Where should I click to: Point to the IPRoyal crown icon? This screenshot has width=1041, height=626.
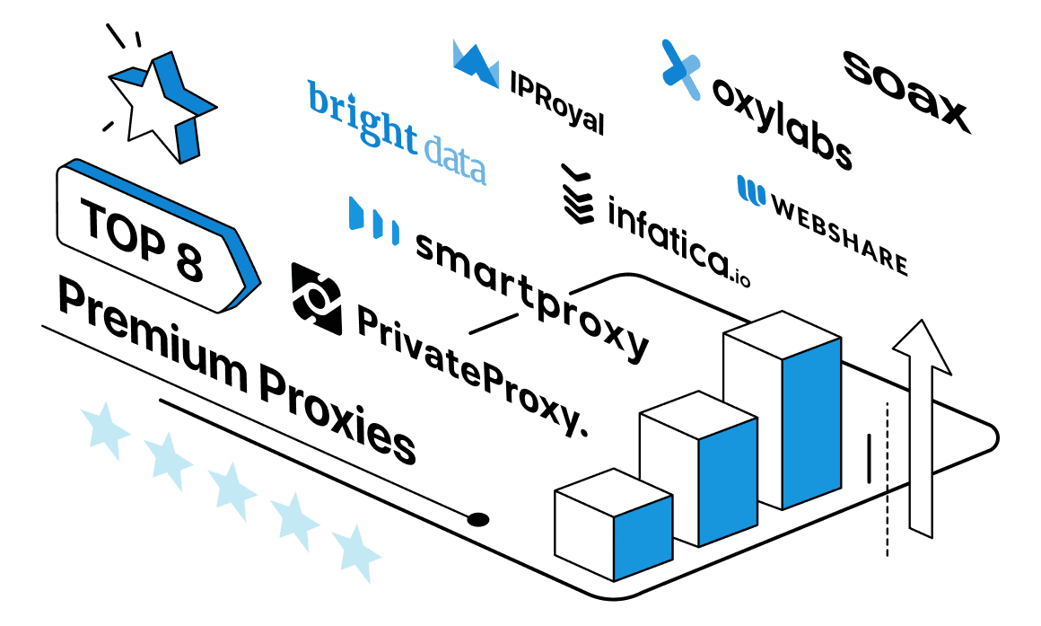[x=476, y=64]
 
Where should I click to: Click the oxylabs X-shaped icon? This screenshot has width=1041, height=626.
[x=680, y=70]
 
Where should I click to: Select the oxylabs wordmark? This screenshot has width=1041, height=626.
[x=782, y=124]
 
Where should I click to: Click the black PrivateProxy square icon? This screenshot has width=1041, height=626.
[x=317, y=298]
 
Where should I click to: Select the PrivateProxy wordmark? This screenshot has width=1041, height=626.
[x=473, y=370]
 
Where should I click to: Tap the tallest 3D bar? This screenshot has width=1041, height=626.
[x=782, y=410]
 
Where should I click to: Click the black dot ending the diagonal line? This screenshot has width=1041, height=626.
[x=478, y=519]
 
